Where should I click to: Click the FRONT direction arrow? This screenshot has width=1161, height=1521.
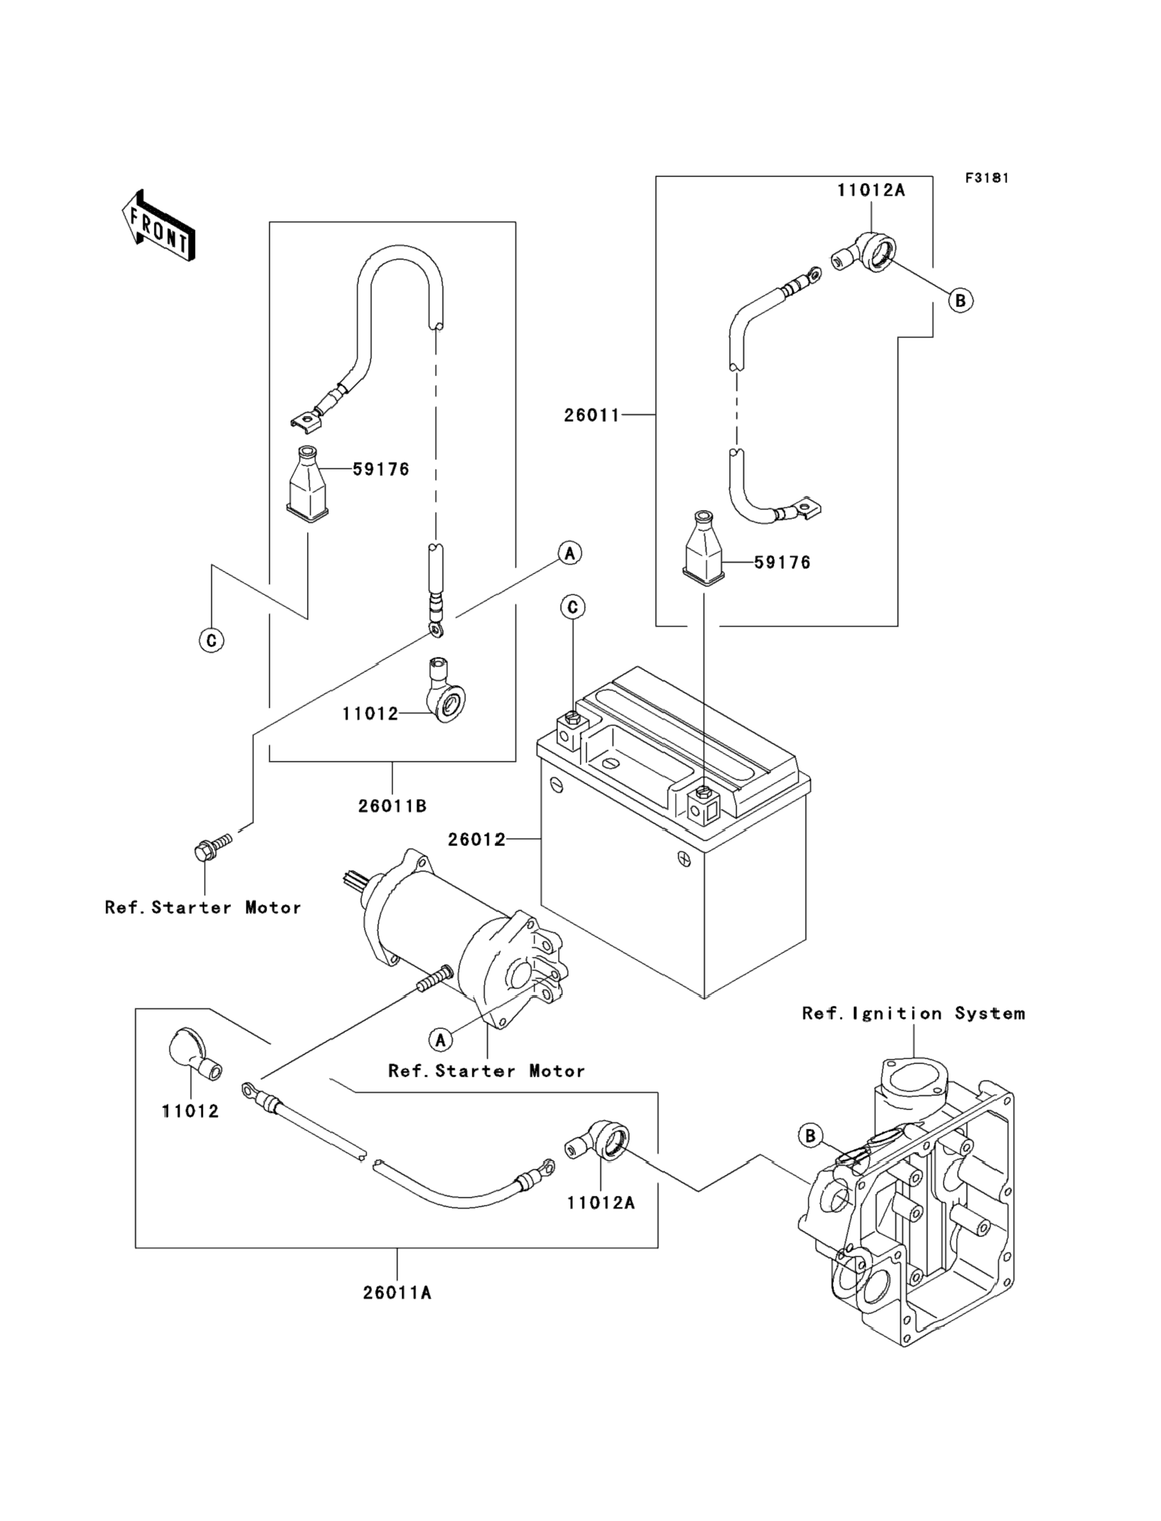pyautogui.click(x=158, y=226)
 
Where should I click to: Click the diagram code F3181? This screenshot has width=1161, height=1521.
pyautogui.click(x=987, y=178)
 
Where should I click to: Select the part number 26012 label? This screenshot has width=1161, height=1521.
pyautogui.click(x=476, y=839)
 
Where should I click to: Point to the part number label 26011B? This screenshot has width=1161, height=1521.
pyautogui.click(x=392, y=806)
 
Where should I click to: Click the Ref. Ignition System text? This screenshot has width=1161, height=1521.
pyautogui.click(x=913, y=1014)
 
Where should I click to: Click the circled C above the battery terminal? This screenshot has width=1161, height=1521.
pyautogui.click(x=572, y=607)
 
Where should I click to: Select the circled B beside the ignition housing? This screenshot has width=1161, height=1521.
pyautogui.click(x=810, y=1135)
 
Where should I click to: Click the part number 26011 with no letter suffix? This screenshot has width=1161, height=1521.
pyautogui.click(x=591, y=415)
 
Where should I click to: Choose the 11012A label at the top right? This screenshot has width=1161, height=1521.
pyautogui.click(x=871, y=190)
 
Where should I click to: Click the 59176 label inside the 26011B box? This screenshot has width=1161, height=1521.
pyautogui.click(x=381, y=469)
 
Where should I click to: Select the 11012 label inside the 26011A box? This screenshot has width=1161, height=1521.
pyautogui.click(x=190, y=1111)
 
